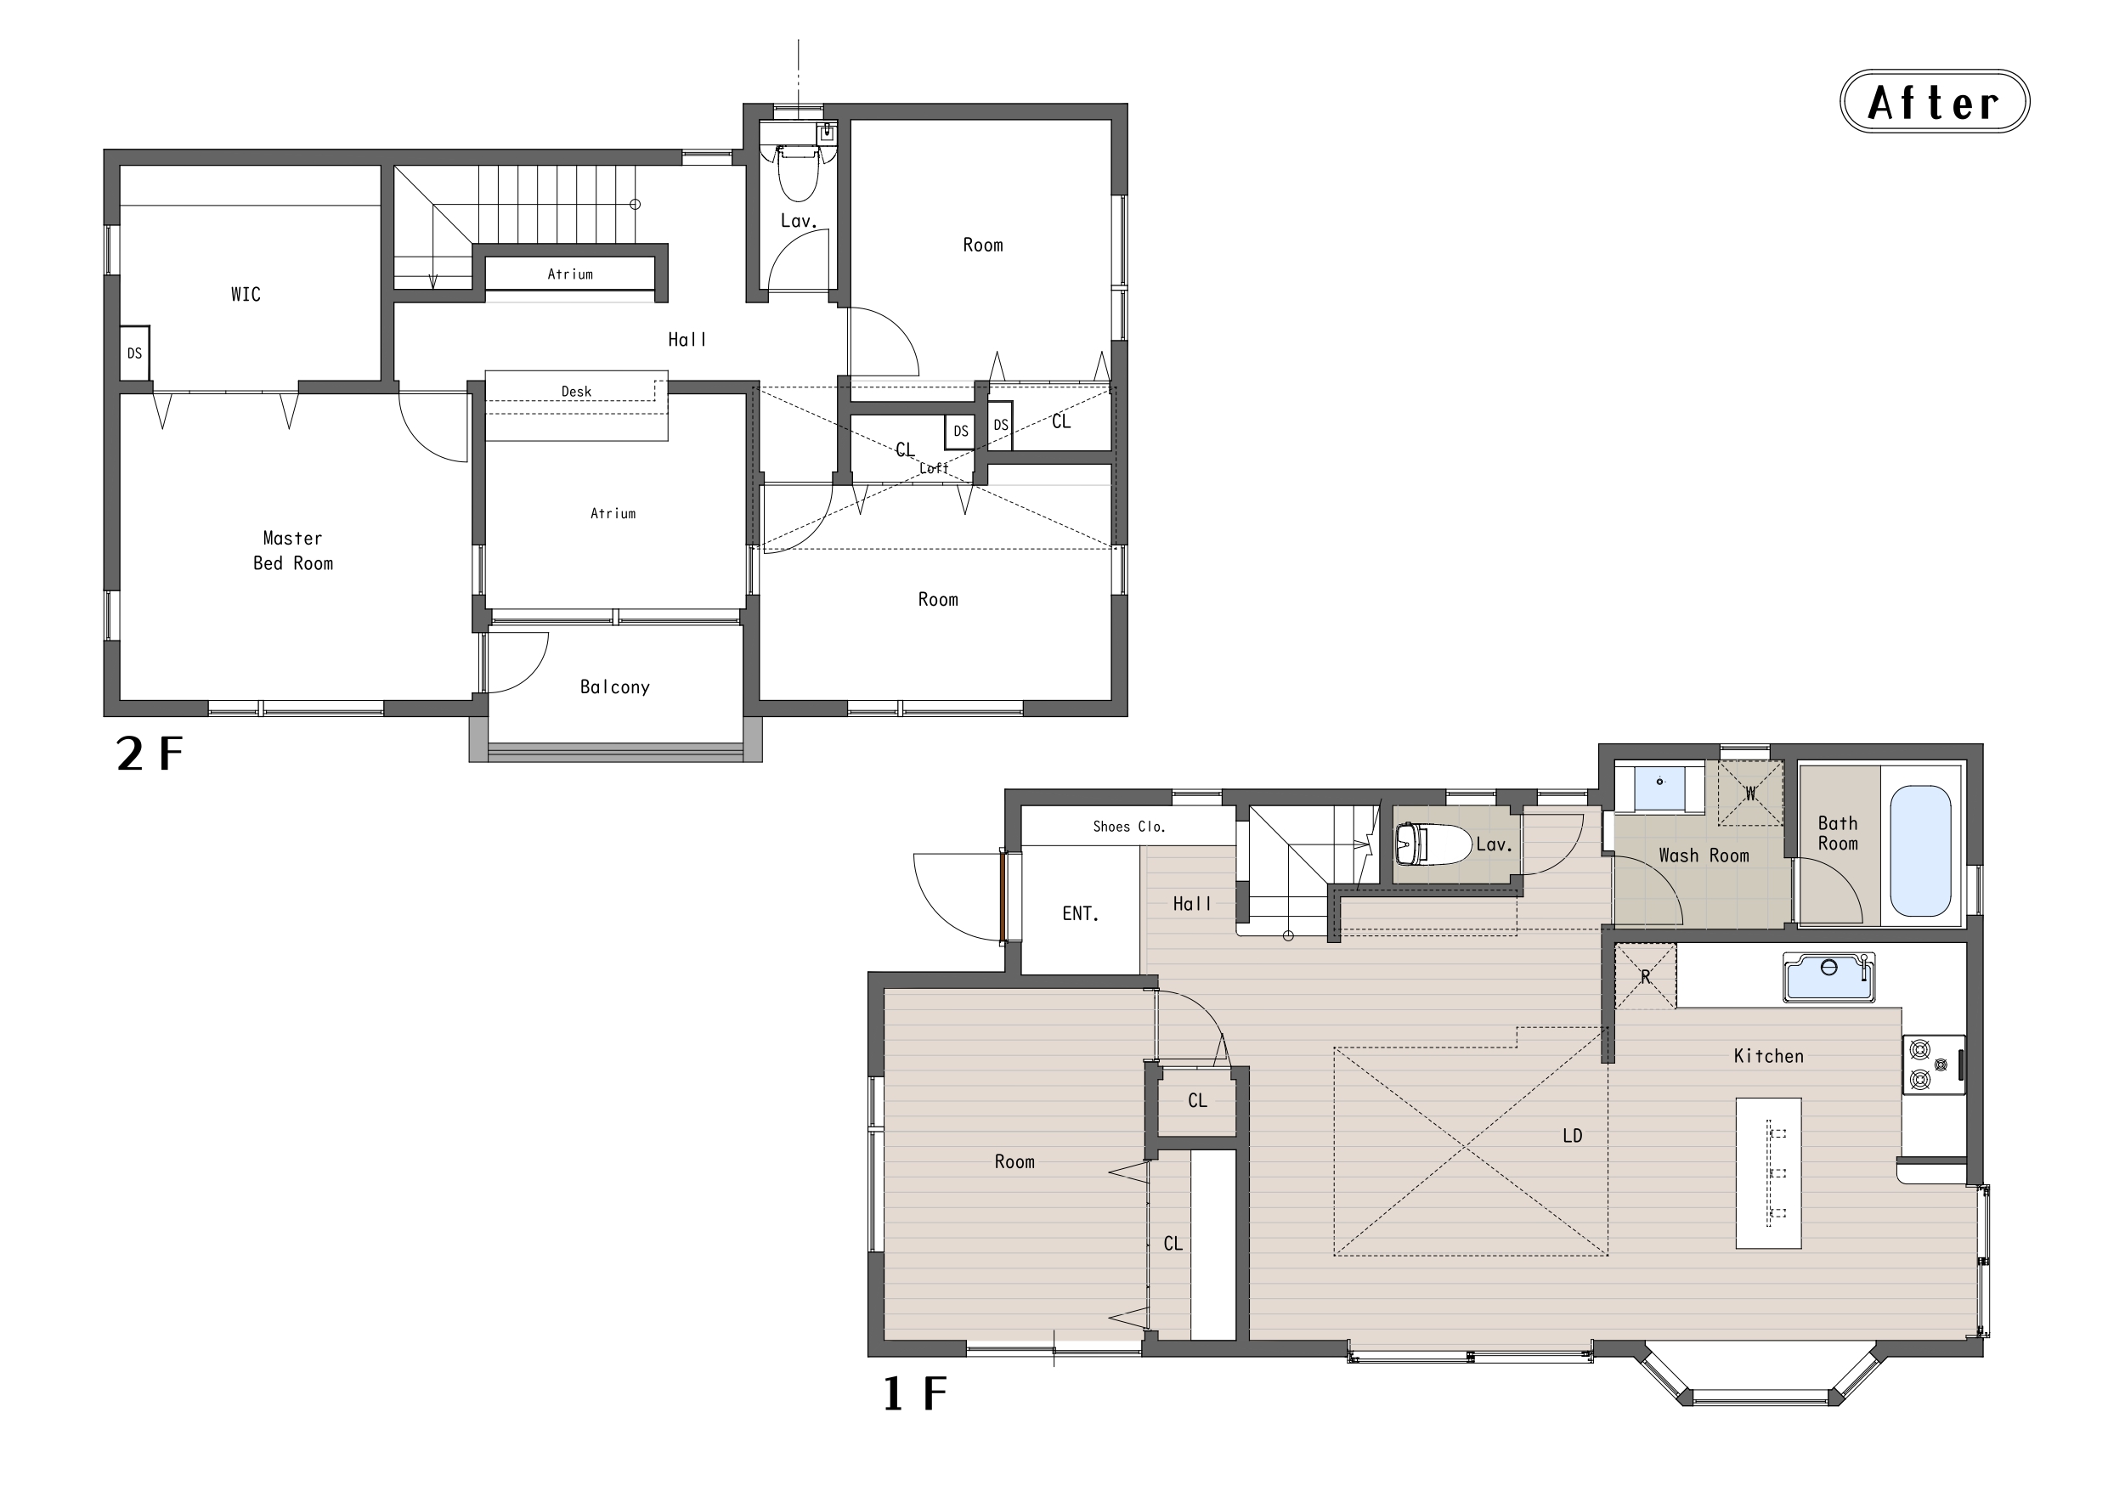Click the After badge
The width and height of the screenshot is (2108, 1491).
[1935, 101]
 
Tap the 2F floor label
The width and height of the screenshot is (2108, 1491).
[150, 754]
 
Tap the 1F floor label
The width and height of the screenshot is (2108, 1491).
[914, 1392]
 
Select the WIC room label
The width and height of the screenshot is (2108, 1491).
[246, 295]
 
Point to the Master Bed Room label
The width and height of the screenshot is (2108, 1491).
[293, 551]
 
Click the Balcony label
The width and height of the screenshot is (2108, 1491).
[615, 686]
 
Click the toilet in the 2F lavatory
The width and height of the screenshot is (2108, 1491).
[799, 172]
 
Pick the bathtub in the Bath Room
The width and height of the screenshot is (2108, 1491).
[1921, 851]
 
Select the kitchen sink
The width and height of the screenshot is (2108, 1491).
[1829, 977]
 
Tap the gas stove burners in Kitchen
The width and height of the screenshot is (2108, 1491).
[1933, 1064]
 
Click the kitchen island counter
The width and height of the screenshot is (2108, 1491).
[1768, 1172]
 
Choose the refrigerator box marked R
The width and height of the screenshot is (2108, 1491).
[1645, 977]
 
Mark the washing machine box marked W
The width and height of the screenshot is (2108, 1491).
[1751, 794]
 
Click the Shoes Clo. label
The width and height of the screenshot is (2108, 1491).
[1129, 827]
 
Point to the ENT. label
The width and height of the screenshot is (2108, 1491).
[1081, 913]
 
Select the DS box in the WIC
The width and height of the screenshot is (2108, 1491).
[135, 353]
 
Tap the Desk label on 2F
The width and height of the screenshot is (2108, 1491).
[577, 391]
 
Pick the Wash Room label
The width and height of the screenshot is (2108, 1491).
[1704, 856]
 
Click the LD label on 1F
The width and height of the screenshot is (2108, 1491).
[1573, 1136]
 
